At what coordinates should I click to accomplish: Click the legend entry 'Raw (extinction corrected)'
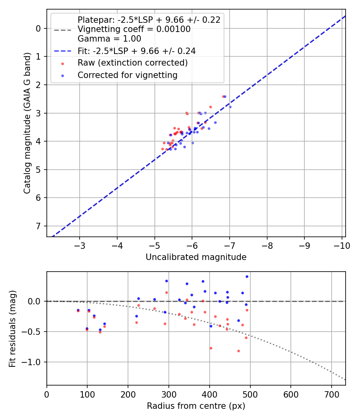click(132, 63)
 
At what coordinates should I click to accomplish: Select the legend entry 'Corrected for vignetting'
click(127, 75)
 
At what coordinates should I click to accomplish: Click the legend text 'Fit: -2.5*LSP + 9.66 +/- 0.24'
click(136, 51)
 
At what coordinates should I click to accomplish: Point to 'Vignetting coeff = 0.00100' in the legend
click(134, 29)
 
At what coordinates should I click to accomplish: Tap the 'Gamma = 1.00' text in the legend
click(109, 39)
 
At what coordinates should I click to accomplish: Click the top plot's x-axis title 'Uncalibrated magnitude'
click(196, 257)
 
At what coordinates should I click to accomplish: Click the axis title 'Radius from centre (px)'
click(196, 406)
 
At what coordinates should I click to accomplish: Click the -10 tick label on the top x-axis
click(342, 245)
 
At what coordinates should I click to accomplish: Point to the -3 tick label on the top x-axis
click(80, 245)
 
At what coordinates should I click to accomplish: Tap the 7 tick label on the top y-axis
click(38, 226)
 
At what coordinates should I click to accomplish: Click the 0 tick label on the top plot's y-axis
click(38, 28)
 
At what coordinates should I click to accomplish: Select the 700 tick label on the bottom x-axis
click(331, 394)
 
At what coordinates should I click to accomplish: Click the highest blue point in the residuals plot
click(247, 276)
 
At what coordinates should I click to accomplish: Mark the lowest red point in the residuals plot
click(238, 351)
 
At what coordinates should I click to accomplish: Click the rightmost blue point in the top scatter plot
click(230, 107)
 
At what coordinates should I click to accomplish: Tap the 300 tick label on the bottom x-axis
click(168, 394)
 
